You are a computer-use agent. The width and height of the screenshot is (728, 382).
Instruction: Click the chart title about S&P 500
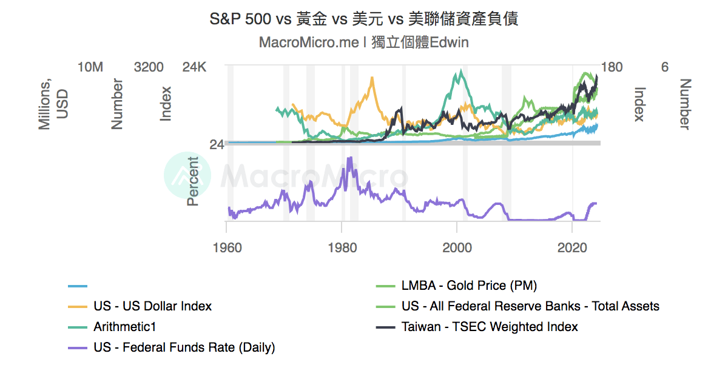coord(363,19)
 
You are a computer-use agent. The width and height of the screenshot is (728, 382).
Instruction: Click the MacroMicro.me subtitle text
coord(363,42)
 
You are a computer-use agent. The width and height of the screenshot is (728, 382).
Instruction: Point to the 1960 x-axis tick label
coord(227,247)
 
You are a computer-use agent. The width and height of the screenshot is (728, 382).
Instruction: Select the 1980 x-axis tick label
coord(342,247)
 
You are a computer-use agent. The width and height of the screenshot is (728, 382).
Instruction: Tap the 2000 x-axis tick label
coord(457,247)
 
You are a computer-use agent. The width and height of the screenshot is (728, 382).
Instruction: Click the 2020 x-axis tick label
coord(572,247)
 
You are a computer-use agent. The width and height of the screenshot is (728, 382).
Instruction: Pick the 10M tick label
coord(91,67)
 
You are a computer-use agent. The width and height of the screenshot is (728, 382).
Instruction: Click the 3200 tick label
coord(149,67)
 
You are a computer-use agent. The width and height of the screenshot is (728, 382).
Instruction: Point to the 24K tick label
coord(195,67)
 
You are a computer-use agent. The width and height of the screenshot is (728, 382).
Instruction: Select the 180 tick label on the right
coord(612,67)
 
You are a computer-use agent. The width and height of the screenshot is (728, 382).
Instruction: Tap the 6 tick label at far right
coord(665,67)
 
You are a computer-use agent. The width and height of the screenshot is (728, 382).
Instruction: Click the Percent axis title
coord(193,181)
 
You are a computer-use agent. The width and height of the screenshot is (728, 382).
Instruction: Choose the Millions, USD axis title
coord(53,104)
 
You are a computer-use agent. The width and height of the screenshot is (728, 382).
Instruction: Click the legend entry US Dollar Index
coord(152,306)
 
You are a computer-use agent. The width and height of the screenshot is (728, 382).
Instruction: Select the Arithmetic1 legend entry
coord(124,327)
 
